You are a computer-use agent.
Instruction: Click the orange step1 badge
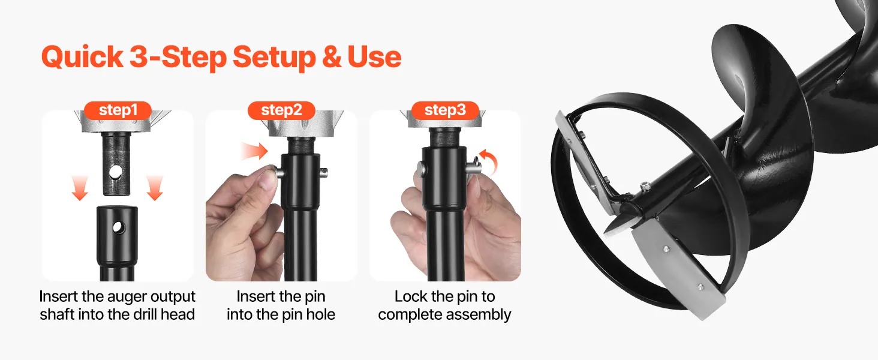pos(118,110)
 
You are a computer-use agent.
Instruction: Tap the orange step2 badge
pos(281,110)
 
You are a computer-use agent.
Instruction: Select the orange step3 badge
pos(445,110)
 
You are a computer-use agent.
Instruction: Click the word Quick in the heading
pos(82,57)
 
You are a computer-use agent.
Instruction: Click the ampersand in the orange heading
pos(332,57)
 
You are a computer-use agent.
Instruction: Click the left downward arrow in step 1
pos(80,188)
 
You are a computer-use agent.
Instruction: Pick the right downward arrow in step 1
pos(155,188)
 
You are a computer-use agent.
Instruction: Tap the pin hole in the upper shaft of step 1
pos(116,172)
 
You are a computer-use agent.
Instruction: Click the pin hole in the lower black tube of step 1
pos(118,227)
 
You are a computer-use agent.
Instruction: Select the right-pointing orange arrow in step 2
pos(255,151)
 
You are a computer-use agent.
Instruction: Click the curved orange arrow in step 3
pos(489,160)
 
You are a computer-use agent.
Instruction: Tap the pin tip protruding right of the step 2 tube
pos(324,172)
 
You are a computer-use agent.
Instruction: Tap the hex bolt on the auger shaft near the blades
pos(645,185)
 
